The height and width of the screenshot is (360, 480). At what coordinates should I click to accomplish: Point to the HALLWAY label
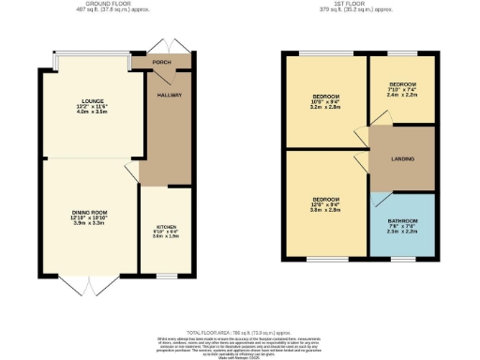click(x=170, y=96)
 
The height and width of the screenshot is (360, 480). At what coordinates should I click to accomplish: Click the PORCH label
click(x=162, y=62)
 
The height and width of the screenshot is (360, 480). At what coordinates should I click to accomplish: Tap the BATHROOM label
click(x=403, y=220)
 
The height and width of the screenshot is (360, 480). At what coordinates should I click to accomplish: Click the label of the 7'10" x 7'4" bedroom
click(x=402, y=84)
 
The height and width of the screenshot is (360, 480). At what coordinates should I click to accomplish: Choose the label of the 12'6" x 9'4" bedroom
click(x=325, y=200)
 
